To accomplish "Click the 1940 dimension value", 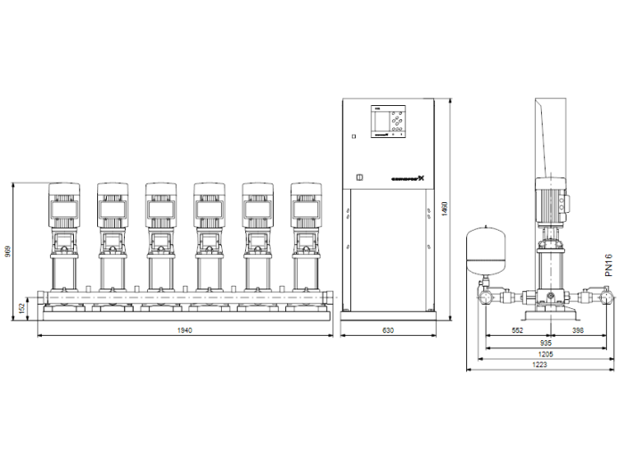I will point(185,330).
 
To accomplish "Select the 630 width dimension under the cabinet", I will point(388,330).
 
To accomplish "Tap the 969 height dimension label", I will point(9,252).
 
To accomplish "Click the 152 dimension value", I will point(23,308).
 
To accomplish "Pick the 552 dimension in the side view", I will point(516,330).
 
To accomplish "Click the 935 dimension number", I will point(545,342).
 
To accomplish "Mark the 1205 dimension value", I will point(545,354).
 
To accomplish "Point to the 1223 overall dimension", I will point(542,365).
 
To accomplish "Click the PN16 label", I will point(610,265).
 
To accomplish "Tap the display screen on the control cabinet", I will point(382,121).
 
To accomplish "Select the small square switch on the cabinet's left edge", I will point(353,136).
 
